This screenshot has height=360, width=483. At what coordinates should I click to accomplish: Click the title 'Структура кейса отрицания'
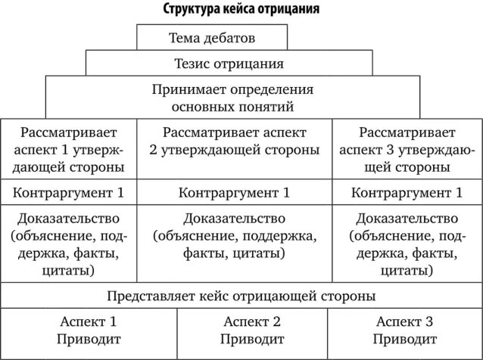click(241, 11)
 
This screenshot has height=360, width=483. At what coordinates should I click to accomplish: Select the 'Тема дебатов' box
click(212, 37)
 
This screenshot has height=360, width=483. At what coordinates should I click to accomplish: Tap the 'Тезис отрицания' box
click(228, 64)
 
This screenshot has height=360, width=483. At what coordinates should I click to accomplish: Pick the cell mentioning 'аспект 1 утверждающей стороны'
click(73, 148)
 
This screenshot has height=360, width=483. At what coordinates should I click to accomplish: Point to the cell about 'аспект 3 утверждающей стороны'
click(407, 148)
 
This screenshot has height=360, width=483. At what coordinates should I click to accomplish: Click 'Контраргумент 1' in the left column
click(73, 191)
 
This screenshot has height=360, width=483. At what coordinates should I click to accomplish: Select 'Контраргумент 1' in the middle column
click(240, 191)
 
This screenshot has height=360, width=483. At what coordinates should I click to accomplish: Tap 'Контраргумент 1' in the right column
click(407, 191)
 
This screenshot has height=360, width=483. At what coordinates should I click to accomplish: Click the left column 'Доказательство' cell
click(73, 244)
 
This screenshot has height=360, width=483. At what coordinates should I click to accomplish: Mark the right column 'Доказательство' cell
click(407, 244)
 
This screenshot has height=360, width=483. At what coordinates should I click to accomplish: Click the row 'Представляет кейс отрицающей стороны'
click(241, 294)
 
